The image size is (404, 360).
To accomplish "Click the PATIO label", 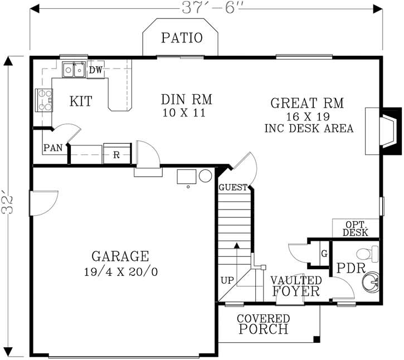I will (x=182, y=38).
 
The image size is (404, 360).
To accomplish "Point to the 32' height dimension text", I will (x=8, y=203).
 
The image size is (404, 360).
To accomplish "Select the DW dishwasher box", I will (x=96, y=70).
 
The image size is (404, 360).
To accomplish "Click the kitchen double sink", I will (x=74, y=70).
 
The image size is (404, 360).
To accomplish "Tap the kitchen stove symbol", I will (x=43, y=101).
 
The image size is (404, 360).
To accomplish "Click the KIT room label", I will (x=81, y=101).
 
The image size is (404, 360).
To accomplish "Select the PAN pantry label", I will (x=53, y=148).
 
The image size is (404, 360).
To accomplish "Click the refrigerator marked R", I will (x=116, y=154).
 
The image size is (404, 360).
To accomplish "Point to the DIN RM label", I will (x=187, y=100).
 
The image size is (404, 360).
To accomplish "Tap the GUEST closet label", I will (x=232, y=188).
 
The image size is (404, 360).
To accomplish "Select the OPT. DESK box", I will (x=356, y=228).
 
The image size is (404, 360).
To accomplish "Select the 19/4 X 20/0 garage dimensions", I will (x=120, y=273).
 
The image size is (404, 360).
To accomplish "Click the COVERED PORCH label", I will (x=264, y=324).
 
